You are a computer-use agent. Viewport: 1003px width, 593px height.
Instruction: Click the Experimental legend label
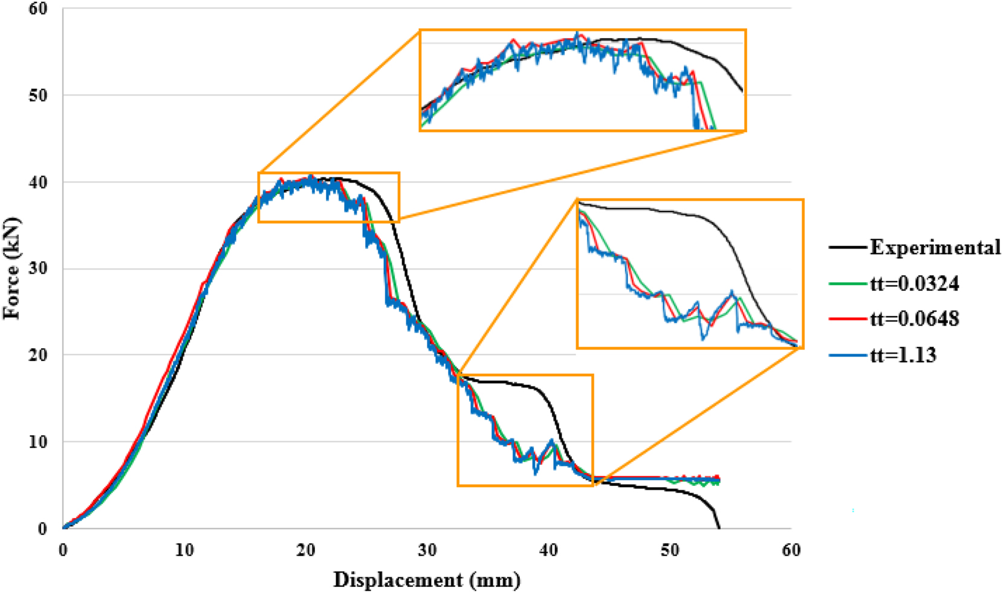click(x=935, y=247)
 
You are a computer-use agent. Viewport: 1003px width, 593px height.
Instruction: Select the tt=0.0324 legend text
click(x=914, y=284)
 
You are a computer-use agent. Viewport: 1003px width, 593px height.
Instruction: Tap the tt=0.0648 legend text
click(x=914, y=319)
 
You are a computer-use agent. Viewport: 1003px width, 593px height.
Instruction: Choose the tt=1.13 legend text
click(x=903, y=355)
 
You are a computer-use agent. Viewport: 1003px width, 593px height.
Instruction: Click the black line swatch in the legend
click(x=848, y=247)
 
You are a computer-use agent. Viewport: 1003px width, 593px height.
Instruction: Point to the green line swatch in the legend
click(x=848, y=284)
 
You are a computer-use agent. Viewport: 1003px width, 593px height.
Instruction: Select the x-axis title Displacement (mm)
click(x=426, y=580)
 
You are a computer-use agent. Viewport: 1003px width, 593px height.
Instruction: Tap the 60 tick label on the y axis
click(x=37, y=9)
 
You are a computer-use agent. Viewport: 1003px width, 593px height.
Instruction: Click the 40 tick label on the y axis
click(x=37, y=182)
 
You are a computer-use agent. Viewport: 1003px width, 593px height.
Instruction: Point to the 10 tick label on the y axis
click(x=37, y=442)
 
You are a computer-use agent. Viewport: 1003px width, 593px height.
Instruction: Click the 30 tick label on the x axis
click(x=427, y=550)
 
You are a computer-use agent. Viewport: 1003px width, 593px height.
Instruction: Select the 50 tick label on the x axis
click(x=669, y=550)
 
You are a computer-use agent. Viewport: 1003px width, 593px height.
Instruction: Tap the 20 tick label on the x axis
click(x=305, y=550)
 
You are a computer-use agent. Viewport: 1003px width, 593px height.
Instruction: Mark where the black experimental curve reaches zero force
click(x=719, y=528)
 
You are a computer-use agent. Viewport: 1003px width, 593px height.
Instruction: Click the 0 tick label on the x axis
click(x=63, y=550)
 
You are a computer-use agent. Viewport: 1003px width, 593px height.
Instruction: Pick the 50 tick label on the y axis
click(x=37, y=96)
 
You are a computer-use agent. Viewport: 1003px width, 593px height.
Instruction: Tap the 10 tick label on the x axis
click(x=184, y=550)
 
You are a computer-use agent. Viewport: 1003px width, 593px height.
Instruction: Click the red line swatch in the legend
click(x=848, y=319)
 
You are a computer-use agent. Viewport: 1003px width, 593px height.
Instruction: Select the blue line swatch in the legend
click(x=848, y=355)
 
